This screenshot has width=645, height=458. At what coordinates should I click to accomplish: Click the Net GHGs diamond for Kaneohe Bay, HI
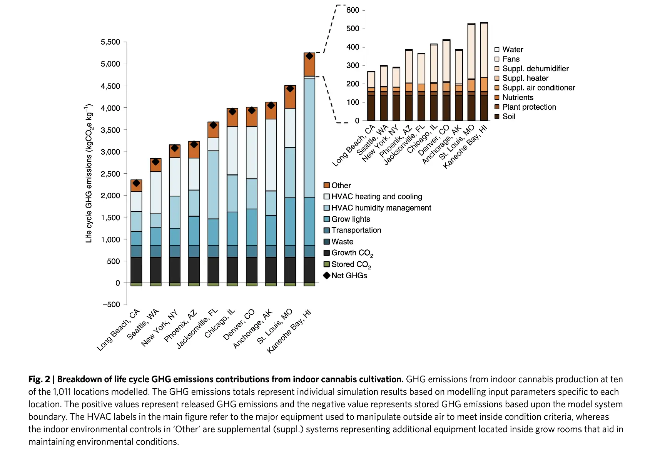(x=309, y=56)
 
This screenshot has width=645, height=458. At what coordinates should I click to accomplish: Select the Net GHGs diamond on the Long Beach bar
(x=136, y=183)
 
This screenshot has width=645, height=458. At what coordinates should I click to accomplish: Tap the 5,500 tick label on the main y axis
(x=110, y=42)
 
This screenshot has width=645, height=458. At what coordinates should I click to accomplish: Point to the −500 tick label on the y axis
(x=111, y=304)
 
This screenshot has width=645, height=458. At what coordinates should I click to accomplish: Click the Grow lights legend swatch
(x=327, y=219)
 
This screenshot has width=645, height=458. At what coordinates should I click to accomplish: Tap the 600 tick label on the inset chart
(x=353, y=10)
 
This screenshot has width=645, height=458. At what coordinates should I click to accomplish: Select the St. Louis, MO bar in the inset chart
(x=471, y=73)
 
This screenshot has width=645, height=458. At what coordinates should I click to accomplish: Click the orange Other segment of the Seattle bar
(x=155, y=165)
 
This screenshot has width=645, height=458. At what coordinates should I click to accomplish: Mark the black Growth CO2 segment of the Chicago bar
(x=232, y=270)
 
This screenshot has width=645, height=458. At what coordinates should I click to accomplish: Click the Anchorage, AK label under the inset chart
(x=441, y=145)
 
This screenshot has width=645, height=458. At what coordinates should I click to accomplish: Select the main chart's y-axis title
(x=89, y=173)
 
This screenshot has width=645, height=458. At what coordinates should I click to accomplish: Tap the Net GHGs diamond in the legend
(x=327, y=276)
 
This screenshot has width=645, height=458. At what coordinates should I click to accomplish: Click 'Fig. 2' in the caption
(x=39, y=379)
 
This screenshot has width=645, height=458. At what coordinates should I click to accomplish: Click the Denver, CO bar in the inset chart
(x=446, y=81)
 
